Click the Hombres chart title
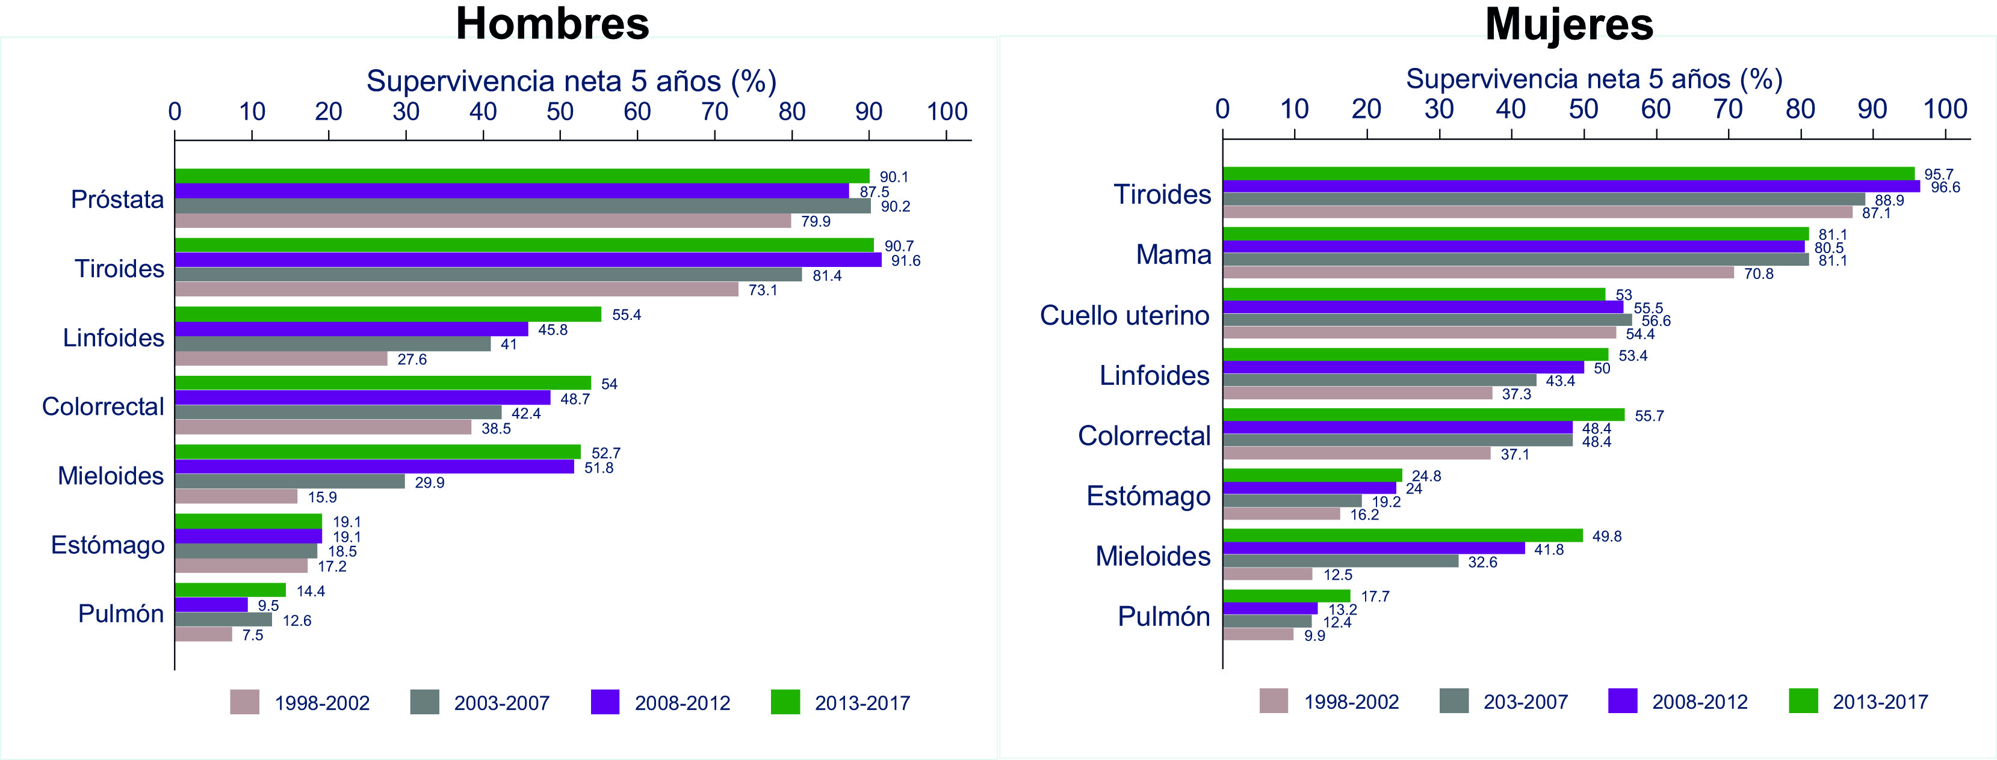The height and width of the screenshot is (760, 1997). (x=552, y=23)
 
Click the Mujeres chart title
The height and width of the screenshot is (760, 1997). (x=1569, y=24)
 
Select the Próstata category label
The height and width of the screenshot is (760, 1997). (x=117, y=199)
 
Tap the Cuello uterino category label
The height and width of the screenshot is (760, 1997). (x=1124, y=315)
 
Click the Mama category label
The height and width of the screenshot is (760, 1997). (x=1173, y=254)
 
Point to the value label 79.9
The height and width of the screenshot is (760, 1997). (x=816, y=222)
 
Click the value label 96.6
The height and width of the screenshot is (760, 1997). (x=1945, y=187)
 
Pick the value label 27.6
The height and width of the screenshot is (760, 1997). (x=412, y=360)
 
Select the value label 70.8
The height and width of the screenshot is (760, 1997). (x=1758, y=274)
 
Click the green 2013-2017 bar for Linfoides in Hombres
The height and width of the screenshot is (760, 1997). (x=388, y=314)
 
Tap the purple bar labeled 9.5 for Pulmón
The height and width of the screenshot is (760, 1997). (x=211, y=605)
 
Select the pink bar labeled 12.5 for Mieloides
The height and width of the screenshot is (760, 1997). (x=1268, y=574)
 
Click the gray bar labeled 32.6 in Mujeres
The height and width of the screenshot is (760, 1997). (x=1340, y=561)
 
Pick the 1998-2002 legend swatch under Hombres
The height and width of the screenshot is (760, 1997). (x=245, y=703)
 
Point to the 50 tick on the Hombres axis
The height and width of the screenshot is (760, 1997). (x=560, y=112)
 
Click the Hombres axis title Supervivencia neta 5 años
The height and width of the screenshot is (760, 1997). (x=571, y=81)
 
